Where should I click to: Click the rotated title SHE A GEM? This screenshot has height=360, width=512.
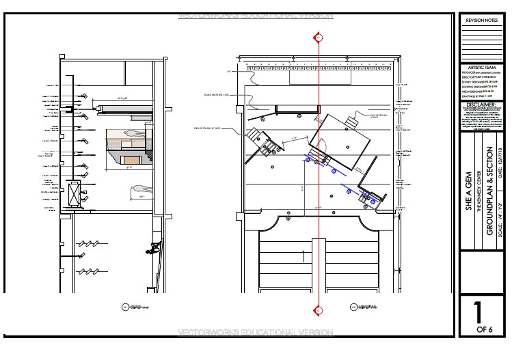click(x=469, y=193)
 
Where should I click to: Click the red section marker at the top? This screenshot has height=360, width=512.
click(x=318, y=37)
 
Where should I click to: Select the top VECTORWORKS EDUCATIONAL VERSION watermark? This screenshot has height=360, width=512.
click(x=255, y=15)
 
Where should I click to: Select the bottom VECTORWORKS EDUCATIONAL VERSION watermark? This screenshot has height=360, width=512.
click(x=255, y=333)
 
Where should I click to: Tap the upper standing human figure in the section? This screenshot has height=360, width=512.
click(x=135, y=135)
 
